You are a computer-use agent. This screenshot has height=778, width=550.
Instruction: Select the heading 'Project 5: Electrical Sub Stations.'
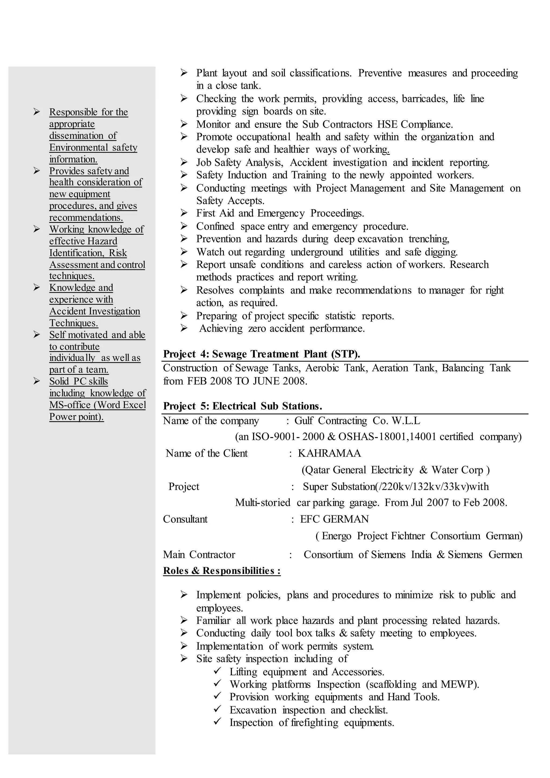243,406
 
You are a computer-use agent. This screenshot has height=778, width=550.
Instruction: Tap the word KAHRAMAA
329,453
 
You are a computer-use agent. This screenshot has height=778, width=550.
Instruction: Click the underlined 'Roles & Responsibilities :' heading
222,571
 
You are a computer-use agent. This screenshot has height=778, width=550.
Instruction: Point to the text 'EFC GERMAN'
334,519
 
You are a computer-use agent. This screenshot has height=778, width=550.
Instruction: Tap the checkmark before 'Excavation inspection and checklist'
218,709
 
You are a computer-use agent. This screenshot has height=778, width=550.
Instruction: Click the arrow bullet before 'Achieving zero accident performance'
184,328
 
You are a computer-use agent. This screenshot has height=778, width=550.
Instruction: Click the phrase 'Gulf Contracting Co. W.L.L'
357,421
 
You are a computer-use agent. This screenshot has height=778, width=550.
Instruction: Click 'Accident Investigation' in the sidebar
95,311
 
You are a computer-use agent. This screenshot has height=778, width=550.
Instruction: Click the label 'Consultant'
185,519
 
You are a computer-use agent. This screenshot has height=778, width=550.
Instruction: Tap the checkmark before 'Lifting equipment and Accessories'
218,671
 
